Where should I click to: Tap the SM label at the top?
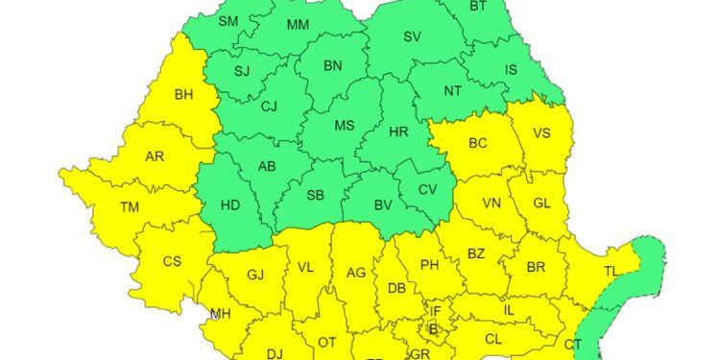(228, 22)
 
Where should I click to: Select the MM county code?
(298, 23)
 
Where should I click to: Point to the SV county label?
(412, 37)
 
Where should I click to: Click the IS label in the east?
(510, 69)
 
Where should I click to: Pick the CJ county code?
(270, 106)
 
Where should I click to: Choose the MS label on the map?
(344, 126)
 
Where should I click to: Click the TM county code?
(130, 206)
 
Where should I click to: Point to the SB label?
(314, 196)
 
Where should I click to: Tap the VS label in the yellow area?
(541, 134)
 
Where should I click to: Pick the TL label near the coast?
(611, 272)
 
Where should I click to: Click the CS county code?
(172, 261)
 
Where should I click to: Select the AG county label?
(356, 273)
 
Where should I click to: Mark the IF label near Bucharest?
(434, 311)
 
